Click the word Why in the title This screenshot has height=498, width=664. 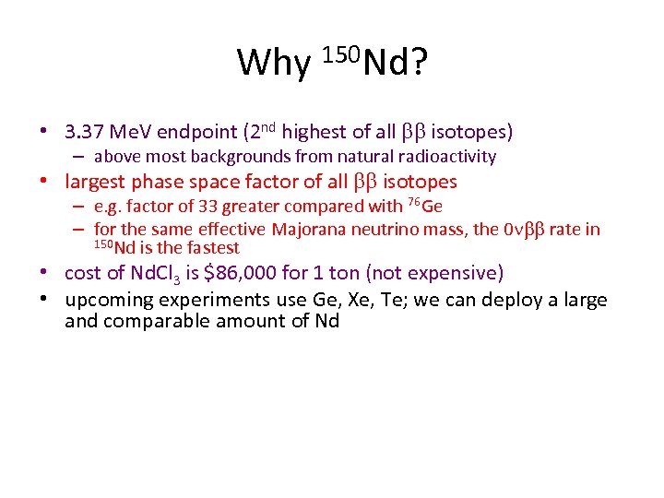[x=274, y=63]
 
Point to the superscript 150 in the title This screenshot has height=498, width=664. [x=341, y=53]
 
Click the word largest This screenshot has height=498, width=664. [x=95, y=182]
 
